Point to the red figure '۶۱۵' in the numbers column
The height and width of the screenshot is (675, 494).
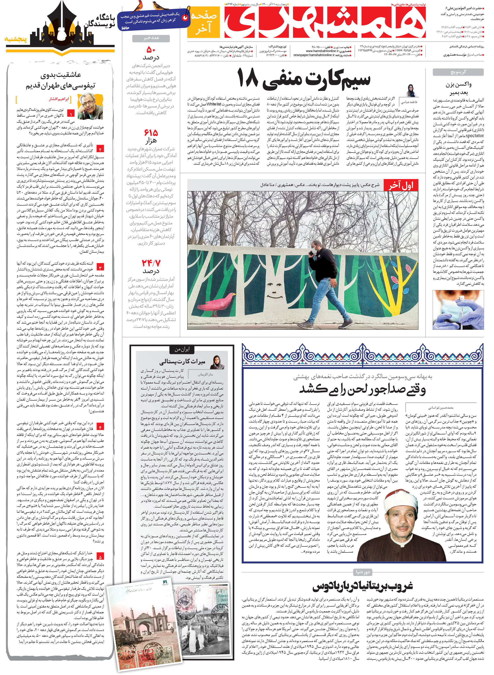151,132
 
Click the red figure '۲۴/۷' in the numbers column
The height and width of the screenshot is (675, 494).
151,263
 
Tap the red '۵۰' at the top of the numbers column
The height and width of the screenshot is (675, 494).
151,49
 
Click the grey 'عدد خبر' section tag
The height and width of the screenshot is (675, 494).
151,38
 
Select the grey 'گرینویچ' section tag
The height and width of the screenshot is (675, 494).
458,72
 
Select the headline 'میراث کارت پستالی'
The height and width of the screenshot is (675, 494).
182,362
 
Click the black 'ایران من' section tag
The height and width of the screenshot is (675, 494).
182,349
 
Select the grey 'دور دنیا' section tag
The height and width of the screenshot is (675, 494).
362,572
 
